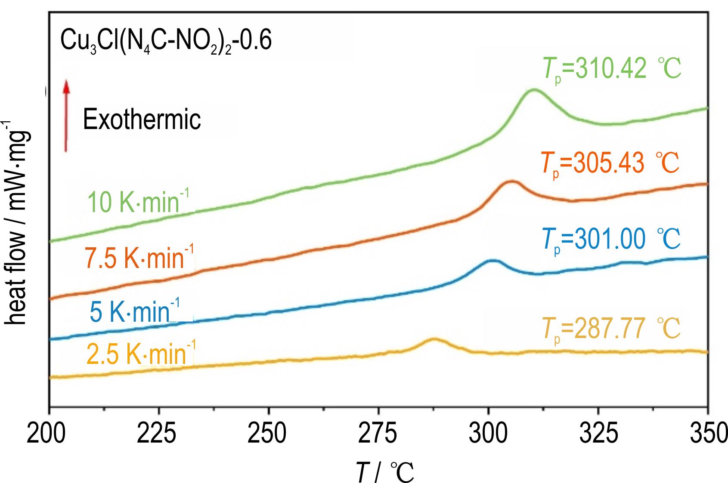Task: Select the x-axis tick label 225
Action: click(158, 435)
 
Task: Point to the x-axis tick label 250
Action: click(268, 435)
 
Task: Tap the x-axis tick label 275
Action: click(378, 435)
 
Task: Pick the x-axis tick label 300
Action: click(488, 435)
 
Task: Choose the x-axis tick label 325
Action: click(598, 435)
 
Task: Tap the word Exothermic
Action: click(142, 119)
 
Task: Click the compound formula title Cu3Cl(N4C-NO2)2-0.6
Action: click(166, 42)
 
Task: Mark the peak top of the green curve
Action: click(534, 89)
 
